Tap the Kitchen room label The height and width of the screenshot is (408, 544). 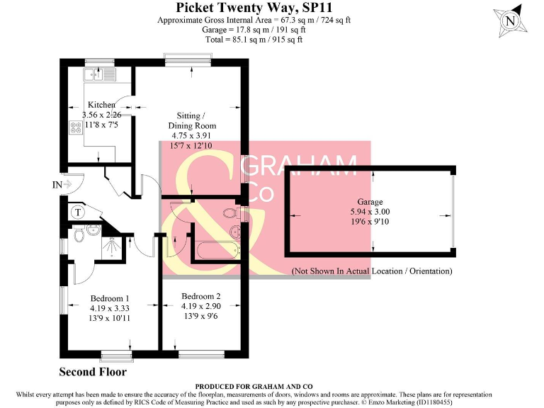click(101, 105)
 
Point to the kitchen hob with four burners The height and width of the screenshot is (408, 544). click(75, 128)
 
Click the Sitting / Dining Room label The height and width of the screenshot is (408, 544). click(191, 120)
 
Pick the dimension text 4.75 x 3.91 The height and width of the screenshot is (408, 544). click(191, 135)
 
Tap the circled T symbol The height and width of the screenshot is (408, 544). click(77, 211)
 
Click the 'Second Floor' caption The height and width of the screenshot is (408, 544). click(93, 372)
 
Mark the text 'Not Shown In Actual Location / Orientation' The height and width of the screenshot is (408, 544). click(372, 271)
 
